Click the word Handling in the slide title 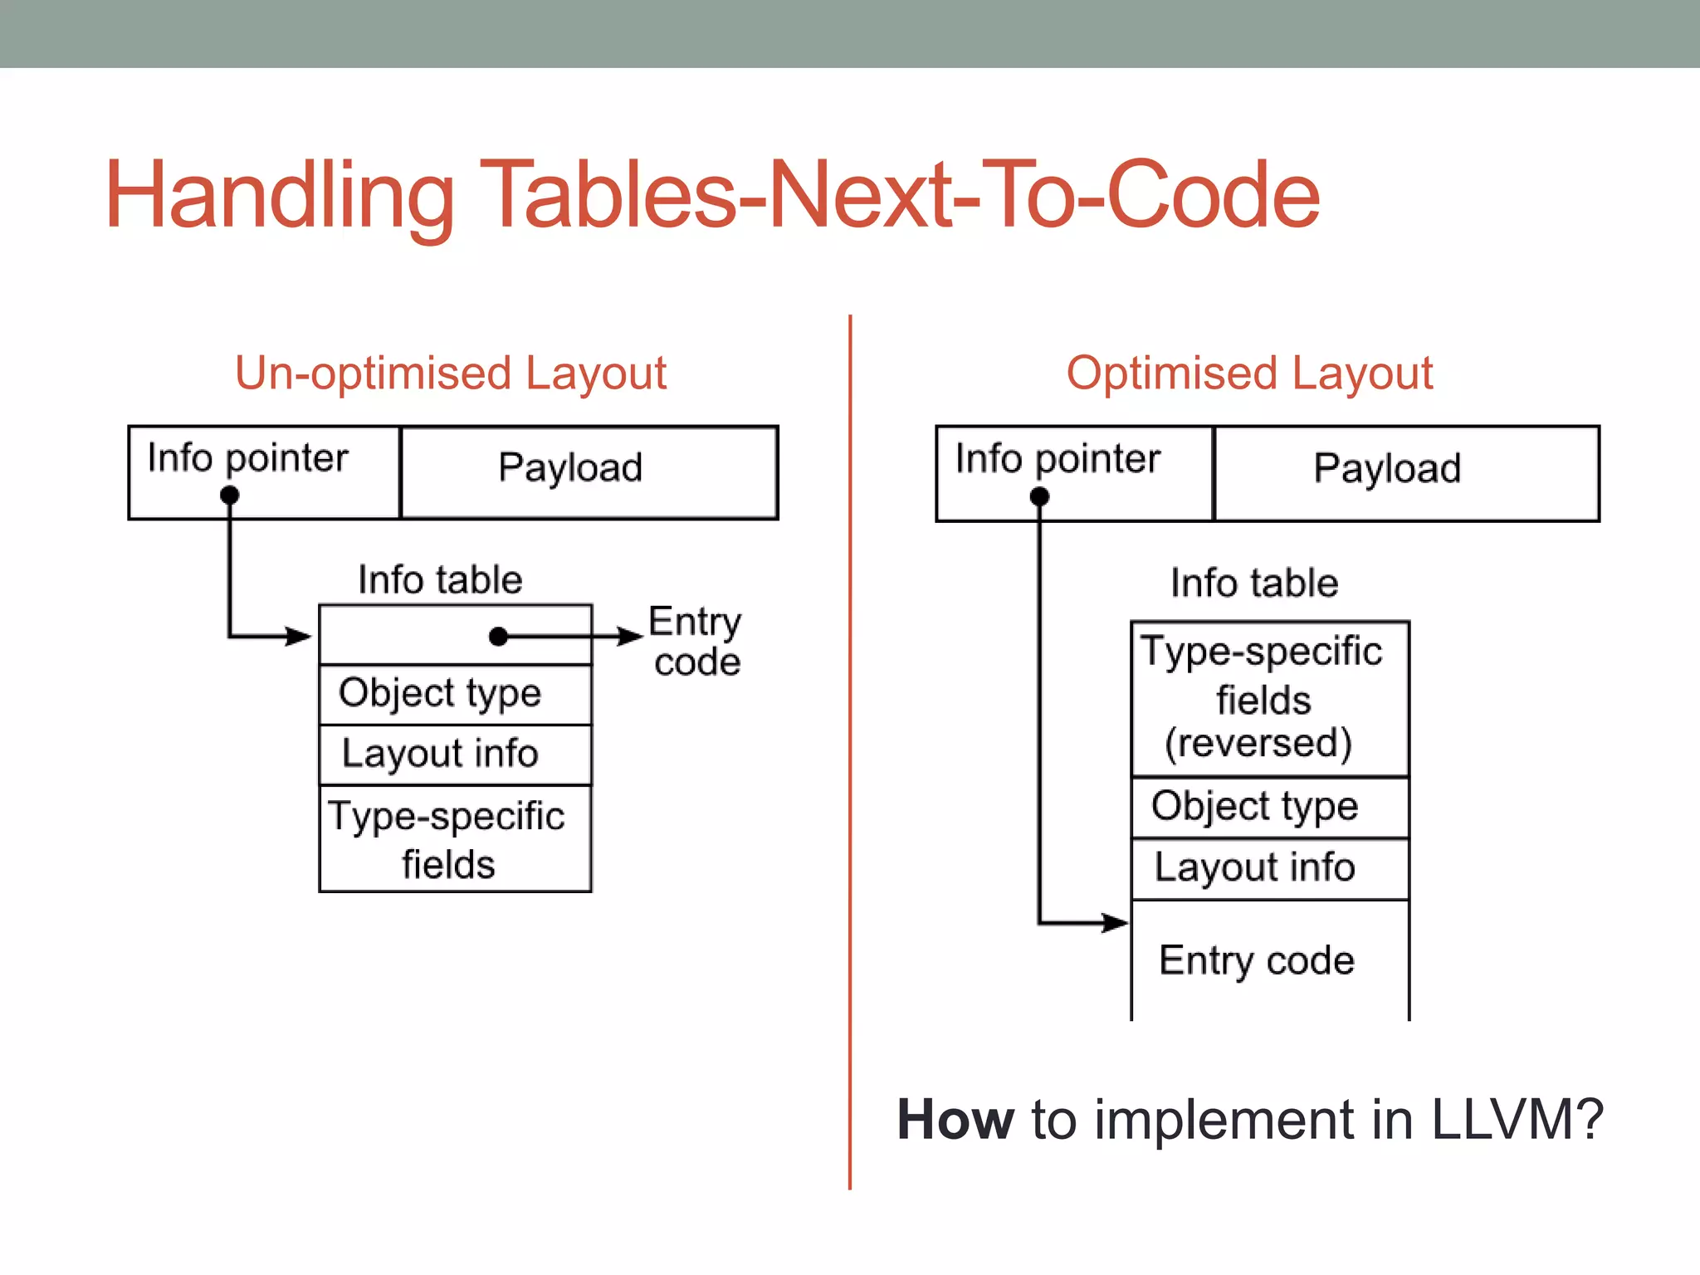pos(279,196)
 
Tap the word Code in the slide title pos(1213,196)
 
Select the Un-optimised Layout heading pos(451,373)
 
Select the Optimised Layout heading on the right pos(1249,373)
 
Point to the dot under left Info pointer pos(230,496)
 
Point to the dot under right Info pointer pos(1039,496)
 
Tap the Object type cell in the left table pos(455,694)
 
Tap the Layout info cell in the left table pos(455,755)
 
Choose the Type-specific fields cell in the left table pos(455,838)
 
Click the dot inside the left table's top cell pos(498,637)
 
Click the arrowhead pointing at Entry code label pos(631,637)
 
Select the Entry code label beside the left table pos(696,642)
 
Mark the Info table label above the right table pos(1254,583)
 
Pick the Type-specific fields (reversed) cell pos(1269,698)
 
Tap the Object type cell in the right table pos(1269,807)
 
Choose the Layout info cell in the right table pos(1269,868)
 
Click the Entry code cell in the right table pos(1269,960)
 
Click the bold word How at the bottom pos(955,1120)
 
